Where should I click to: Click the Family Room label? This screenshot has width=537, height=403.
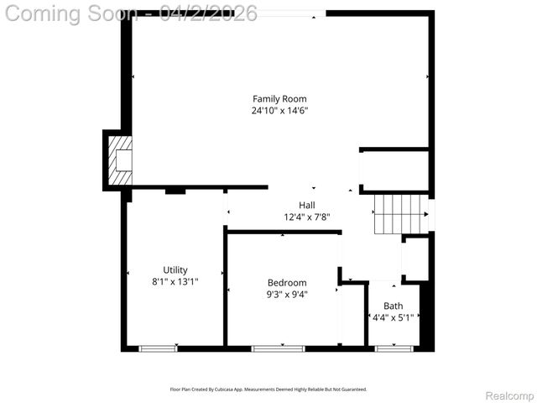tap(279, 99)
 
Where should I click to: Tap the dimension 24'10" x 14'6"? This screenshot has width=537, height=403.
tap(279, 111)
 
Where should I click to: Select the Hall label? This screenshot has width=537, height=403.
tap(307, 205)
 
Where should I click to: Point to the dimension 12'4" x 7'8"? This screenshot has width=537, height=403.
tap(307, 217)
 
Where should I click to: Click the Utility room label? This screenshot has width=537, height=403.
tap(175, 270)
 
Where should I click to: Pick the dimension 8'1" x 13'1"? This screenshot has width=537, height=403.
tap(175, 281)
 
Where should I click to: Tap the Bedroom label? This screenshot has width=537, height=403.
tap(287, 282)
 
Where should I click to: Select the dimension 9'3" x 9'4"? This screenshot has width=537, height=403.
tap(287, 294)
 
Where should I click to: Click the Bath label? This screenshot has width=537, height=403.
tap(393, 306)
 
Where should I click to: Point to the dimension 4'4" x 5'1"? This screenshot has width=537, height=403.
tap(393, 317)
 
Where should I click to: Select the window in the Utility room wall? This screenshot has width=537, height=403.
tap(159, 348)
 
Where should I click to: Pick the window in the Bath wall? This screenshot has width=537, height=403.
tap(391, 348)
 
